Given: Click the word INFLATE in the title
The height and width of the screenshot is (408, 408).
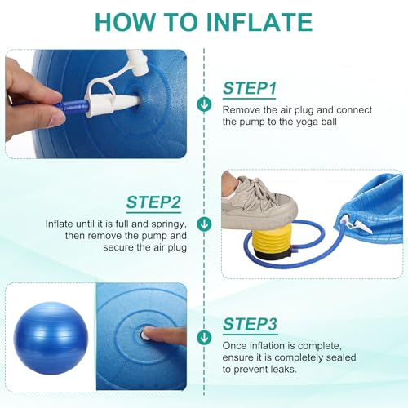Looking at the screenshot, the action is [x=259, y=22].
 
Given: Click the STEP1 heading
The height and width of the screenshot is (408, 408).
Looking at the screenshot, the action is [x=250, y=88].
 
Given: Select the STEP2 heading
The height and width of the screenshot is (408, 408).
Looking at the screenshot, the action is [x=153, y=202].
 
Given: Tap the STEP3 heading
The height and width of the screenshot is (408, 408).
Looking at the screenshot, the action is [x=250, y=324].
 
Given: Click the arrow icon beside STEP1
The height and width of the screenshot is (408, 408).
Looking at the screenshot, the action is [x=204, y=104].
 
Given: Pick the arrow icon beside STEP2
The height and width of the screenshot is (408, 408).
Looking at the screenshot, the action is [x=204, y=224].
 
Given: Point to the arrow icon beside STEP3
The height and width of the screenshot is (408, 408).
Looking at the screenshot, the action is [x=204, y=337].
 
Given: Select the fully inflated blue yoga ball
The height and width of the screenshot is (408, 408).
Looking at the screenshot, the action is [x=51, y=338].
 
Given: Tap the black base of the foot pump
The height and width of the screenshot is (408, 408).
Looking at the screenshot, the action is [x=273, y=255].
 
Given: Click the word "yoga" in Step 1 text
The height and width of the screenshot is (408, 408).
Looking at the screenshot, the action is [x=307, y=122].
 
